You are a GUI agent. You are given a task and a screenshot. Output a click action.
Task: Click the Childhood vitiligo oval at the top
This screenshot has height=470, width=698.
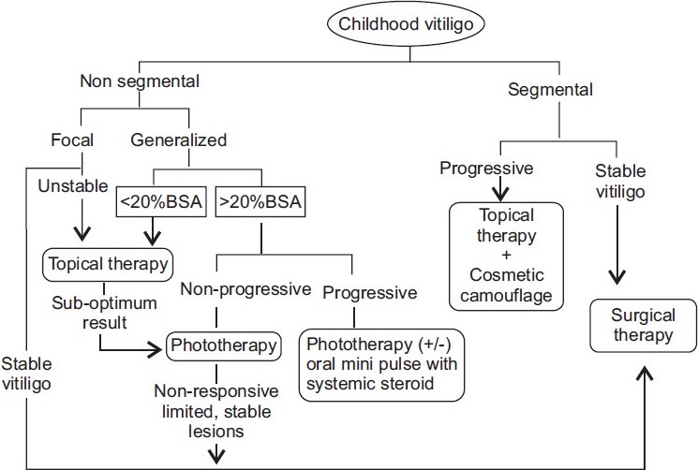[x=406, y=24]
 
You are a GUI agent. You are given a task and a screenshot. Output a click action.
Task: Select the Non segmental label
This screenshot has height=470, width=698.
[x=140, y=81]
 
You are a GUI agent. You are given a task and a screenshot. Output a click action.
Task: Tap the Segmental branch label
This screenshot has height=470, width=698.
[x=550, y=90]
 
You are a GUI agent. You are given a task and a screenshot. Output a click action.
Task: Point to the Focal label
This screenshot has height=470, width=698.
[x=72, y=140]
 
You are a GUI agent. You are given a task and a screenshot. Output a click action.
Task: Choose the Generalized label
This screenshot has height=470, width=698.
[x=179, y=140]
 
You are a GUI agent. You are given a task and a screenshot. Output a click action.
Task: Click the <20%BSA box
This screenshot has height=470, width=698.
[x=161, y=202]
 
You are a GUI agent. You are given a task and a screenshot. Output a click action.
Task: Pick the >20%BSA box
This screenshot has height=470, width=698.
[x=260, y=202]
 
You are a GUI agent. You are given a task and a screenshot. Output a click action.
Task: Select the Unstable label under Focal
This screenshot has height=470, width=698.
[x=73, y=186]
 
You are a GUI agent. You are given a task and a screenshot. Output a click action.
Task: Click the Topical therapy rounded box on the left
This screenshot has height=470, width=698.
[x=108, y=265]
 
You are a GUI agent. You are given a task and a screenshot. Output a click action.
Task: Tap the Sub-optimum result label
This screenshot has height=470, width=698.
[x=105, y=313]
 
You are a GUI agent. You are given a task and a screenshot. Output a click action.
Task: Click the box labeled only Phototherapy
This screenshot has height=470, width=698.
[x=224, y=345]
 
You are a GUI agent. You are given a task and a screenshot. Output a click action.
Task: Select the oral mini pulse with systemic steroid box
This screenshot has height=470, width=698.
[x=381, y=364]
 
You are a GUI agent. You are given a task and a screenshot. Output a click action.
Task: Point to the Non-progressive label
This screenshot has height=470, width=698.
[x=245, y=289]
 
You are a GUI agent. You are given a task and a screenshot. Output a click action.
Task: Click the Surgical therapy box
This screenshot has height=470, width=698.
[x=644, y=326]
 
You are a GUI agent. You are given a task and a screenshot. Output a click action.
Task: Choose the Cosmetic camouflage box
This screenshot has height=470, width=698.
[x=506, y=257]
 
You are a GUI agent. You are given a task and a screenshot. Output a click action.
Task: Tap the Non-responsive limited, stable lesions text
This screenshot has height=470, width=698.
[x=216, y=411]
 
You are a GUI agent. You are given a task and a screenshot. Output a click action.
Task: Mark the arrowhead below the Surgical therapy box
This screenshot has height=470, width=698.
[x=645, y=374]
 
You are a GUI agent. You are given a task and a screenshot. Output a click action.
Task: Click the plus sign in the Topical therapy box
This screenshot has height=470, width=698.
[x=506, y=256]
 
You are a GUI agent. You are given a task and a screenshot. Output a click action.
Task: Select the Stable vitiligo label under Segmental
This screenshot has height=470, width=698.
[x=620, y=182]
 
